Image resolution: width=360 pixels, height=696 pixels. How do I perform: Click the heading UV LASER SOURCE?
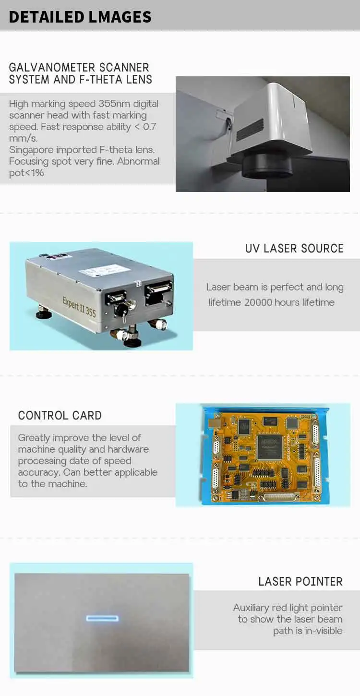coord(294,249)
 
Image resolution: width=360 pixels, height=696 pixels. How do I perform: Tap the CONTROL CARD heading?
coord(60,415)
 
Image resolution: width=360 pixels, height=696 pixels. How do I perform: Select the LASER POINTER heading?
coord(300,582)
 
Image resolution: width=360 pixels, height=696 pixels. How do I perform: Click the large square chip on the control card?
coord(269,446)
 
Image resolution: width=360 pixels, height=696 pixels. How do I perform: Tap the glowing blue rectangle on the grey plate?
coord(102,617)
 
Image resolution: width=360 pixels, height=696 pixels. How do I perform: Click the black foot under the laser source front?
coord(132,342)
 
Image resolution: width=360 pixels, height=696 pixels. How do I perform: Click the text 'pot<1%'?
coord(26,173)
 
